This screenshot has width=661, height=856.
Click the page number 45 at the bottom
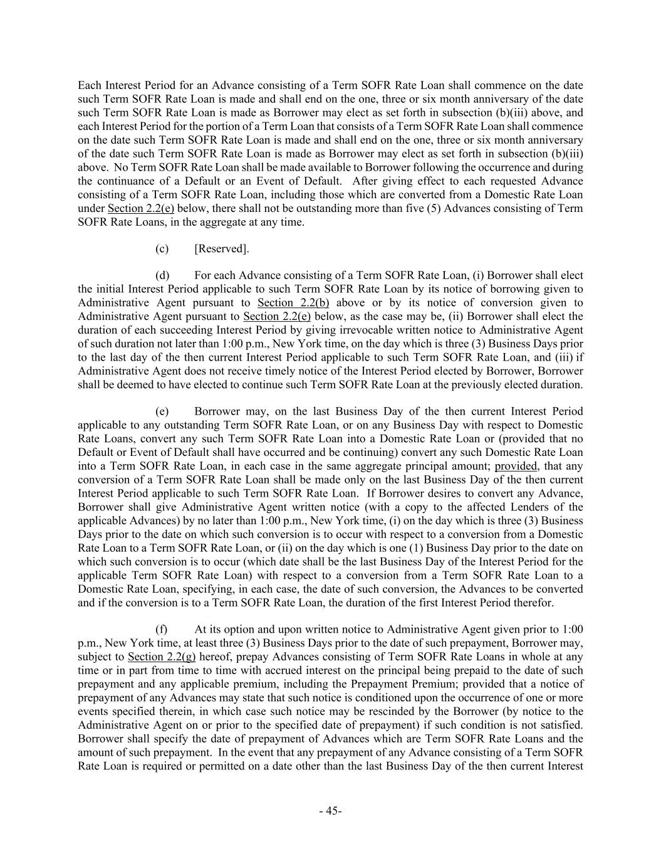coord(330,811)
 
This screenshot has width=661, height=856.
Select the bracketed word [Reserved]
coord(222,249)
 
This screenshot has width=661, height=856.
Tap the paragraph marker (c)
coord(162,249)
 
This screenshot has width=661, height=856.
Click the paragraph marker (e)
coord(162,411)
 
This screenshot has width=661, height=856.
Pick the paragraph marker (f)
coord(161,630)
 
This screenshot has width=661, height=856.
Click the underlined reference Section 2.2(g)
coord(162,657)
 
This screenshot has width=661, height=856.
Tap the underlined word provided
coord(516,466)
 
